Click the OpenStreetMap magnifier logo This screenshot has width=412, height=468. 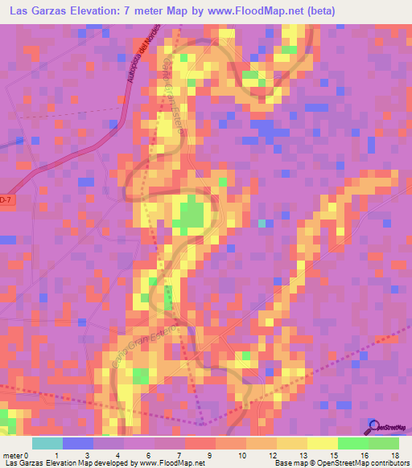373,426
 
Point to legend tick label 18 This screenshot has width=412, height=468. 394,455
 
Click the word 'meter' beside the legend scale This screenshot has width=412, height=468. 14,455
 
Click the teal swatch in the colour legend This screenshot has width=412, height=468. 47,443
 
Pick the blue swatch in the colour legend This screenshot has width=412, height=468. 78,443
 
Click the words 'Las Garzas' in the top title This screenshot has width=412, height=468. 37,10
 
